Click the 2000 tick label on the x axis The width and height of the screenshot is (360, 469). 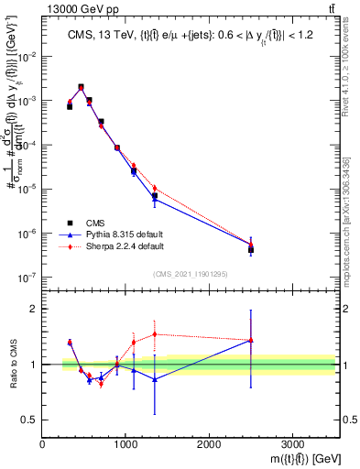click(x=209, y=445)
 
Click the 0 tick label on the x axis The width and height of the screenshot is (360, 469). click(x=42, y=445)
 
